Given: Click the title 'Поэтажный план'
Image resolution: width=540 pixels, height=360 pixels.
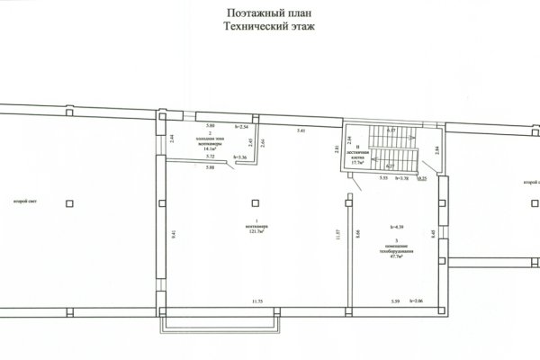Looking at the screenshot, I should [x=270, y=13].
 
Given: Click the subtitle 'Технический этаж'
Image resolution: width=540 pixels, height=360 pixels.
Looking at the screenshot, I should [x=270, y=27].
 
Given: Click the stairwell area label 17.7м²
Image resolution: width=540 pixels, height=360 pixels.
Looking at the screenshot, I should [x=358, y=162].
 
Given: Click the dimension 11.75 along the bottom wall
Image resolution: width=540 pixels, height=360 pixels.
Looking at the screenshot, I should [x=256, y=300].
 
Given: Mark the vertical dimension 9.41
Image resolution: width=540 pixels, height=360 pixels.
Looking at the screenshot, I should [x=172, y=233].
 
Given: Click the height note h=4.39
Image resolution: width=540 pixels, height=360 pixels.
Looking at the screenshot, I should [x=396, y=227].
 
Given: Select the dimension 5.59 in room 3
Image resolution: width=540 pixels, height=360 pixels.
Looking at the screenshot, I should [x=395, y=300].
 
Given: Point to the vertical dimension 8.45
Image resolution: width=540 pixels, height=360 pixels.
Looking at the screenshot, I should [x=434, y=233].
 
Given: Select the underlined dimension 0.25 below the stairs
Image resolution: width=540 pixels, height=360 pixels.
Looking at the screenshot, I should [x=422, y=179].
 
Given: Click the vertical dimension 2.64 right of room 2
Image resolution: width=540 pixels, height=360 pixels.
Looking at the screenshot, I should [x=261, y=142].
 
